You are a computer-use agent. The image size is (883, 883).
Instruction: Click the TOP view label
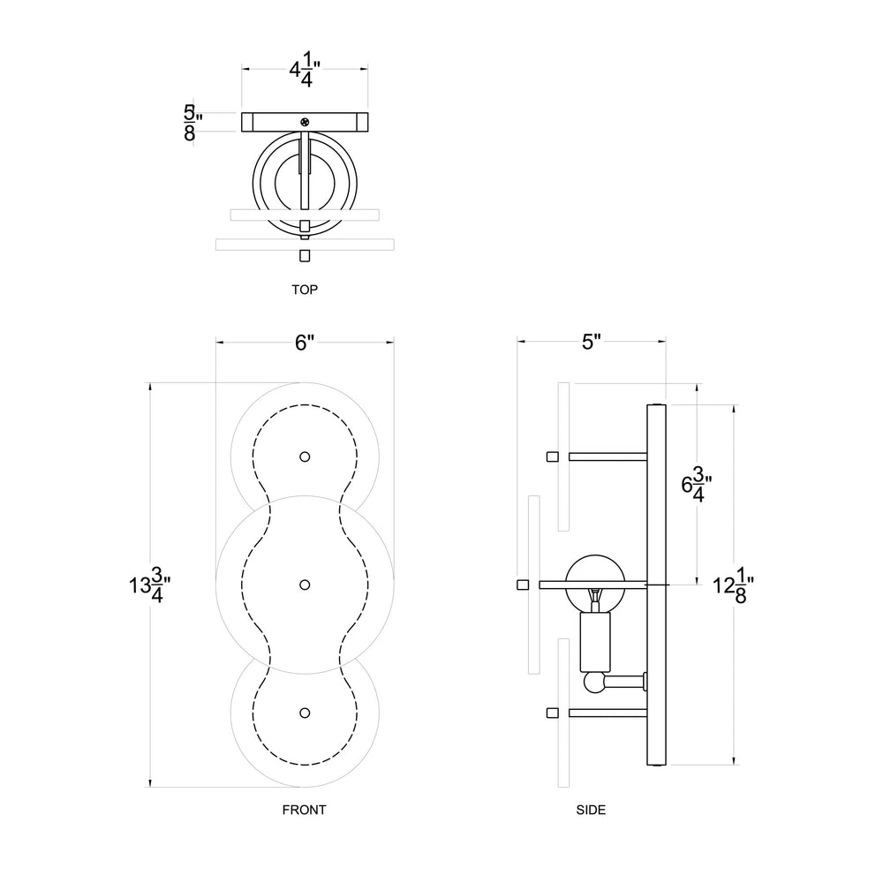pyautogui.click(x=304, y=289)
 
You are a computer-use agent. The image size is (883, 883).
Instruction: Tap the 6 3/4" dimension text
pyautogui.click(x=698, y=487)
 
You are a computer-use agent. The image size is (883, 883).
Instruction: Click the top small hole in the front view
pyautogui.click(x=305, y=457)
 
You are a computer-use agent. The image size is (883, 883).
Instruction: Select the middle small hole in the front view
pyautogui.click(x=305, y=585)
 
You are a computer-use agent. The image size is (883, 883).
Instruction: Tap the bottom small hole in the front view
pyautogui.click(x=305, y=713)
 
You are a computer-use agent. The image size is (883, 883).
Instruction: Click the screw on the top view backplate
pyautogui.click(x=306, y=120)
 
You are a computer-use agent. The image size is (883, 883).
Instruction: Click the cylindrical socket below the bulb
pyautogui.click(x=594, y=641)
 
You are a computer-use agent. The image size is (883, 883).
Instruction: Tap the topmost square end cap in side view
pyautogui.click(x=553, y=457)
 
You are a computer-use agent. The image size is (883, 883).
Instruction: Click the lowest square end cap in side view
pyautogui.click(x=553, y=713)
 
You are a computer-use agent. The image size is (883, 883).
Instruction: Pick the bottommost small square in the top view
pyautogui.click(x=305, y=256)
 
